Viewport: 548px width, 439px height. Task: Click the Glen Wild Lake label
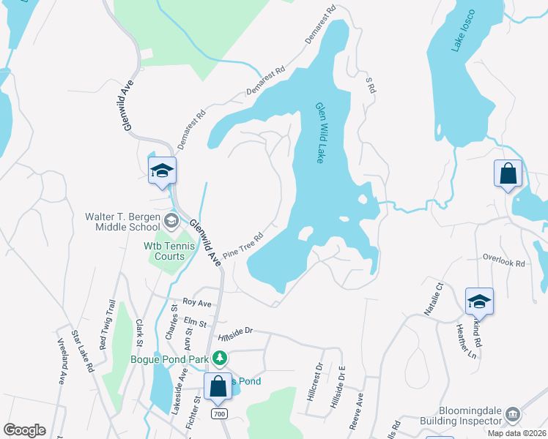[x=319, y=132]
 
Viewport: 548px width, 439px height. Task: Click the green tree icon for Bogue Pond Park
[x=218, y=359]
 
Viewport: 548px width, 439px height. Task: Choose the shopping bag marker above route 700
[x=218, y=386]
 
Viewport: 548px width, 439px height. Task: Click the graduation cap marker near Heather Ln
[x=478, y=301]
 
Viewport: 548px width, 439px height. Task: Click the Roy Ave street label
[x=197, y=301]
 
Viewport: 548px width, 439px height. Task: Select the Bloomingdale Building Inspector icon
[x=512, y=415]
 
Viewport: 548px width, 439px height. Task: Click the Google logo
[x=24, y=430]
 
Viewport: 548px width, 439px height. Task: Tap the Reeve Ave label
[x=360, y=410]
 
